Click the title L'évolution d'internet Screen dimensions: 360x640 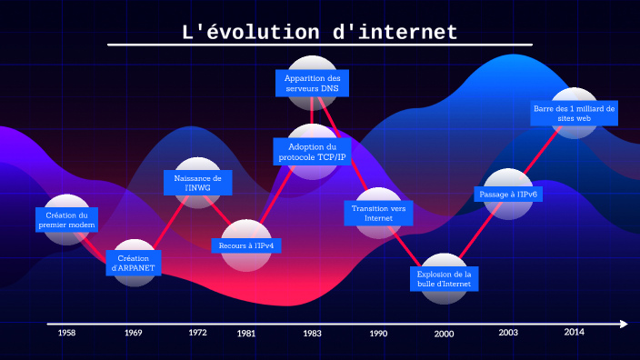319,33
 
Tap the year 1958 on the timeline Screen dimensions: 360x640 66,333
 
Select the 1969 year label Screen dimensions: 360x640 134,334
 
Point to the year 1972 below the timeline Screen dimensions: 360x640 197,333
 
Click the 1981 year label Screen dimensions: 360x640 246,334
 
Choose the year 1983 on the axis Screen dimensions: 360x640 312,334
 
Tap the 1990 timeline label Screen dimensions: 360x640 378,334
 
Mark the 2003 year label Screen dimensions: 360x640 508,333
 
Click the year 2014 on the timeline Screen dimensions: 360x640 574,332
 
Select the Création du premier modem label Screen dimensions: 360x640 67,220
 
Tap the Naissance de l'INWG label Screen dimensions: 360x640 198,184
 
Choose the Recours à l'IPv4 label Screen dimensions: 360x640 246,245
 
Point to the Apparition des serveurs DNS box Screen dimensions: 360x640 312,84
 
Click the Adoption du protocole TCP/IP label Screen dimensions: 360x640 312,152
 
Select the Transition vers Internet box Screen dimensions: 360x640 378,214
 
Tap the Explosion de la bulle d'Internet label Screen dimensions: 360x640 444,278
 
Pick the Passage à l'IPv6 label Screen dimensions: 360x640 508,194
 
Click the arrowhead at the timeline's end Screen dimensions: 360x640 623,324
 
